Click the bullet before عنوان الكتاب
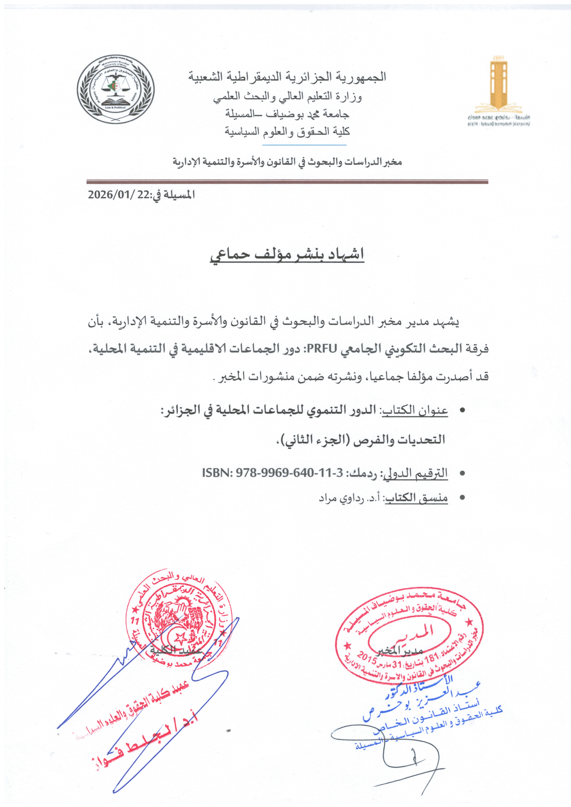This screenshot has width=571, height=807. [462, 410]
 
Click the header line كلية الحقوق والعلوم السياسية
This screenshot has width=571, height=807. [287, 132]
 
